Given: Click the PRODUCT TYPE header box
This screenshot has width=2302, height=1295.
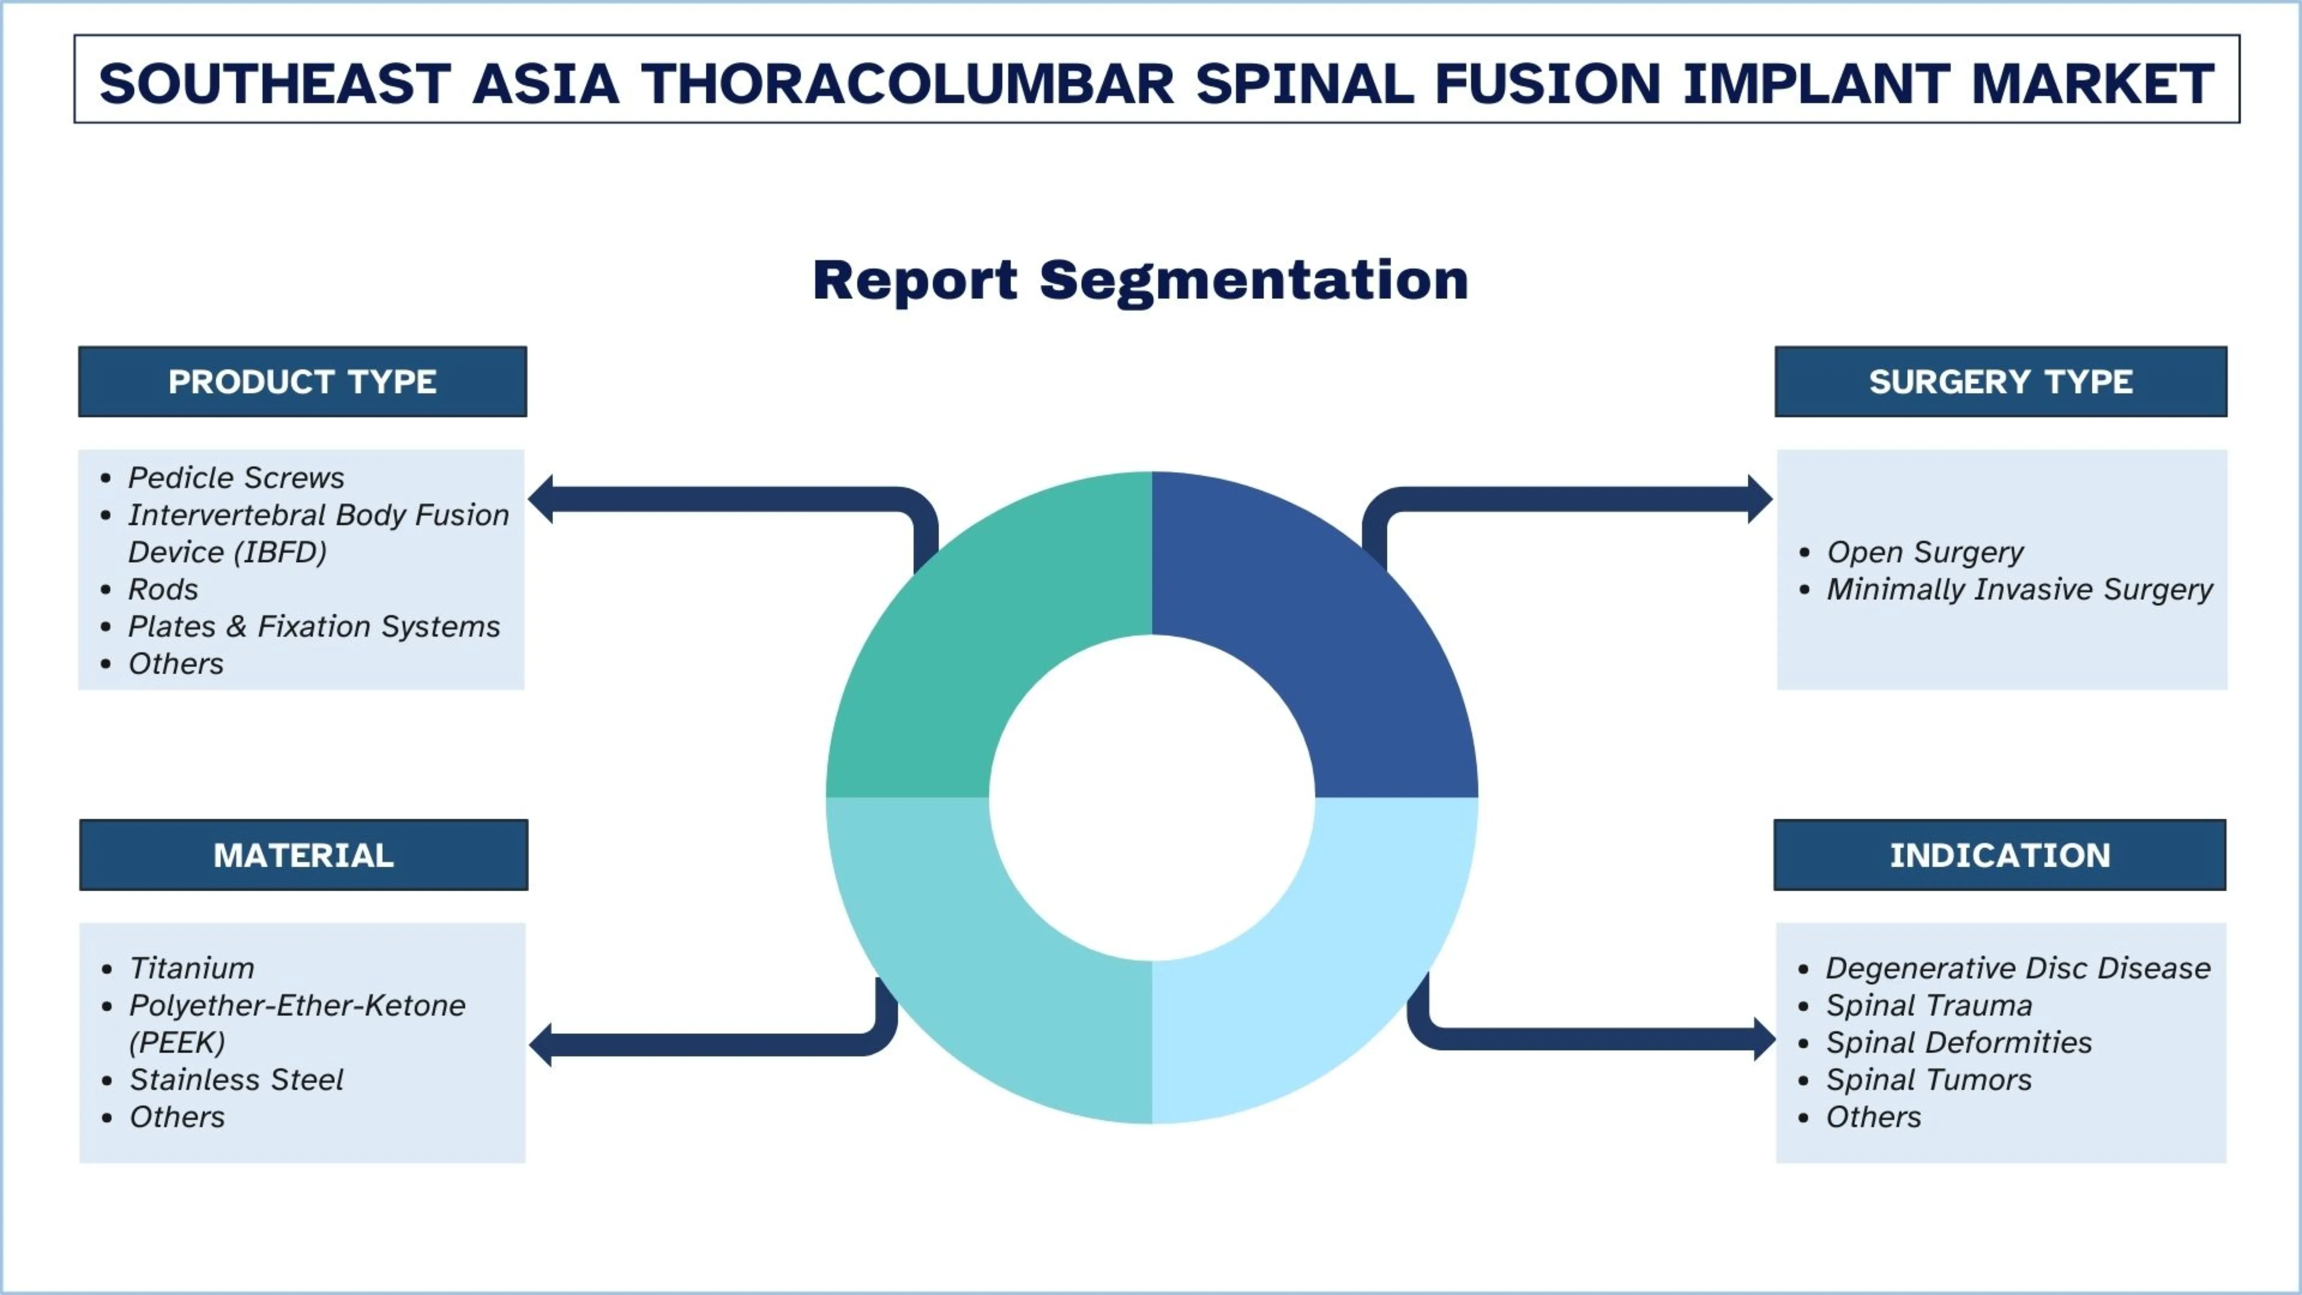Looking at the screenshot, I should (302, 382).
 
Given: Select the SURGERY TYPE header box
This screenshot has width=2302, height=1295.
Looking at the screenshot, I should (2000, 382).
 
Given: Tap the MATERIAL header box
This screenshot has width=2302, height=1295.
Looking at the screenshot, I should (303, 855).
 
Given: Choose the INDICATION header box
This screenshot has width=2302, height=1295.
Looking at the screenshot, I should (1999, 855).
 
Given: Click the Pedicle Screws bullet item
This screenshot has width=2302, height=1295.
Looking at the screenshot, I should (236, 478).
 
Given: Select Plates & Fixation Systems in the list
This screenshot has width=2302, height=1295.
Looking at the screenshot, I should (314, 626).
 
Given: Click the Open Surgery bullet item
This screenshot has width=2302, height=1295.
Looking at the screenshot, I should (1924, 552).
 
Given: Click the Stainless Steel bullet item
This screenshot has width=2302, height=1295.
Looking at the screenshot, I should (236, 1080).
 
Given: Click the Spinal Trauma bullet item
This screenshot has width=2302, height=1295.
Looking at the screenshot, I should (1928, 1006).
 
